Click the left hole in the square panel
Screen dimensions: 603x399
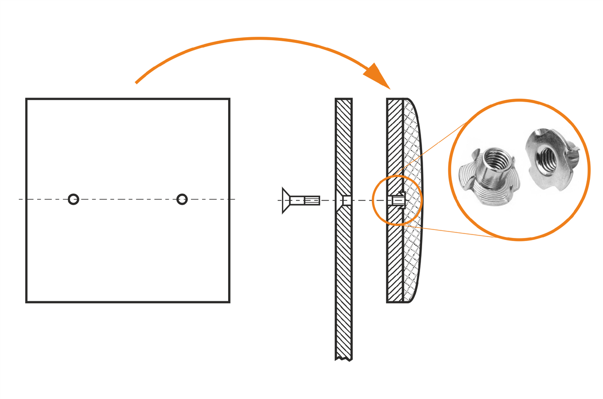click(x=73, y=199)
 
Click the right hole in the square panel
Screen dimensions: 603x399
click(x=182, y=199)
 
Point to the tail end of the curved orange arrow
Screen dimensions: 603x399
click(x=137, y=82)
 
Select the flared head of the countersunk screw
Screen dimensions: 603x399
click(x=287, y=200)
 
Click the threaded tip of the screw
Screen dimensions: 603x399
click(x=312, y=200)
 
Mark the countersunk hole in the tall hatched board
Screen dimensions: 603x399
click(x=345, y=200)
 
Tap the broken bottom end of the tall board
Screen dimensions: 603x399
click(x=344, y=358)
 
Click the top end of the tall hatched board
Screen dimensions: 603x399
click(x=344, y=100)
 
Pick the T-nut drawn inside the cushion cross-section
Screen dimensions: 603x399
click(x=398, y=200)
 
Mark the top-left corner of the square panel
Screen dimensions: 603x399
click(x=27, y=99)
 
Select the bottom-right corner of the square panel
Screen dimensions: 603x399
click(x=229, y=301)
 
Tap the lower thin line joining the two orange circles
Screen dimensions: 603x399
click(x=452, y=231)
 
